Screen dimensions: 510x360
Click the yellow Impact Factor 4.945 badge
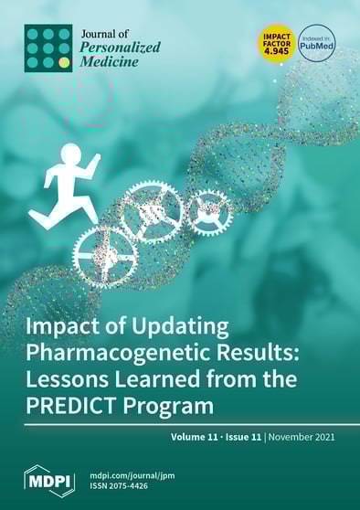coord(277,42)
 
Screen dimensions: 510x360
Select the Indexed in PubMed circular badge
coord(316,43)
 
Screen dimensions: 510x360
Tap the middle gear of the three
coord(154,212)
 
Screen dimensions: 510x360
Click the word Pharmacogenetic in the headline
coord(125,354)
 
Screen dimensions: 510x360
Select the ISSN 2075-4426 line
coord(127,487)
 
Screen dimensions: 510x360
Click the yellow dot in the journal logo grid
coord(64,62)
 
